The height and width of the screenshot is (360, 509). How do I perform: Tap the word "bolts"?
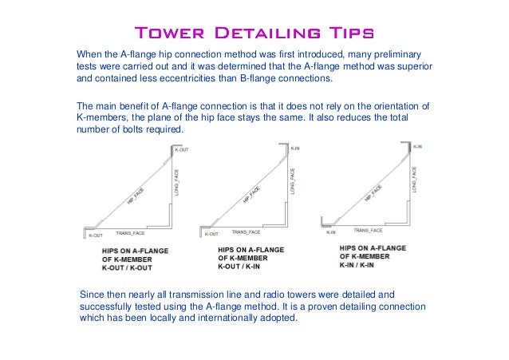pyautogui.click(x=136, y=130)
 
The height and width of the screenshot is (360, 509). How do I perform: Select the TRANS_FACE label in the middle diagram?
pyautogui.click(x=246, y=231)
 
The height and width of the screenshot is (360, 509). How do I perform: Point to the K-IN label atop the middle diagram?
pyautogui.click(x=295, y=148)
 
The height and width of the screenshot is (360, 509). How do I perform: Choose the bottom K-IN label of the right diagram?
pyautogui.click(x=330, y=233)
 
